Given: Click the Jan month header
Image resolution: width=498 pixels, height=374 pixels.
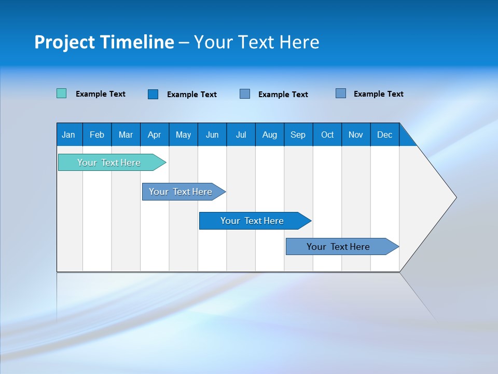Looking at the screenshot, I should tap(69, 135).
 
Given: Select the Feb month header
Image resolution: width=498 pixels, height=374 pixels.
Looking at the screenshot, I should tap(97, 135).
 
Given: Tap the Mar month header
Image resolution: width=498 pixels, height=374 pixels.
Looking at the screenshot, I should tap(126, 135).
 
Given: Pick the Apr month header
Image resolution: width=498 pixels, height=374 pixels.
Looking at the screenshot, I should tap(154, 135).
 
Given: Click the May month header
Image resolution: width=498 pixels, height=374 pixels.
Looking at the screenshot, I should tap(183, 135).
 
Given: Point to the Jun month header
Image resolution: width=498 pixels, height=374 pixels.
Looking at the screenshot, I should tap(212, 135).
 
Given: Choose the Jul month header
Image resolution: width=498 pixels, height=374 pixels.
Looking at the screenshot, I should tap(241, 135).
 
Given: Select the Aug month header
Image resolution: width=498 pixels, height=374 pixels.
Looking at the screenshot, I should tap(270, 135).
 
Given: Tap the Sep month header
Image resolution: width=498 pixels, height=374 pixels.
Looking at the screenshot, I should tap(298, 135).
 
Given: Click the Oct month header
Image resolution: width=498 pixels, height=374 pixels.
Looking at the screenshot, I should tap(327, 135).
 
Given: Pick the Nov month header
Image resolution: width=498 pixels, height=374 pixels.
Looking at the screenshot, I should tap(356, 135).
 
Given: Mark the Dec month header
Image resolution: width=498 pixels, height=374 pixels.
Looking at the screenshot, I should tap(385, 135).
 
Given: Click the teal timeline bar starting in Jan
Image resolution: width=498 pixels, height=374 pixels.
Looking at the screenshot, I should tap(109, 163).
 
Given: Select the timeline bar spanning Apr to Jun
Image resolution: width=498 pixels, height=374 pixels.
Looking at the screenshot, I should tap(181, 192).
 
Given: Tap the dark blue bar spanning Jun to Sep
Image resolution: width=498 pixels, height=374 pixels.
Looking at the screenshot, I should tap(252, 221).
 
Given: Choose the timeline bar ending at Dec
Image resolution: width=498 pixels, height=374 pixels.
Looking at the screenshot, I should tap(338, 247).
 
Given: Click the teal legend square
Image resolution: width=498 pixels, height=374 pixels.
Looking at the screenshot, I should tap(62, 94).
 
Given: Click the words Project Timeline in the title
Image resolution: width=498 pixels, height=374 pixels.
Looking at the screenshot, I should tap(104, 42).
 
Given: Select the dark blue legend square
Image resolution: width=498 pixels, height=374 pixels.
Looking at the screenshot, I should tap(153, 94).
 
